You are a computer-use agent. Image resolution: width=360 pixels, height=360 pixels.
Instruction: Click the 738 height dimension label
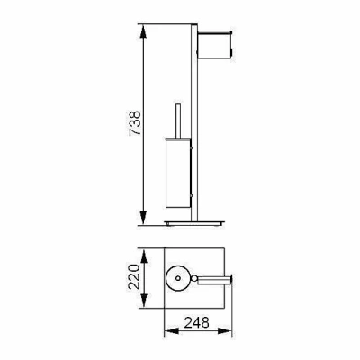(x=135, y=123)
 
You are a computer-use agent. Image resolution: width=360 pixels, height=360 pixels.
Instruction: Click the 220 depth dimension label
(x=134, y=276)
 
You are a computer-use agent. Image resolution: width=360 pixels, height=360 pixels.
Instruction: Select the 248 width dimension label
(x=196, y=323)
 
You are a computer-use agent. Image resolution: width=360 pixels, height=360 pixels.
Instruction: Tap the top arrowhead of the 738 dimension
(x=143, y=31)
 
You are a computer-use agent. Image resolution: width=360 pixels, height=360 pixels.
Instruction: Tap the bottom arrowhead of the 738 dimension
(x=143, y=218)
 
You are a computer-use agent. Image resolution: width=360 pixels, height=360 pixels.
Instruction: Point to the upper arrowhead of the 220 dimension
(x=144, y=257)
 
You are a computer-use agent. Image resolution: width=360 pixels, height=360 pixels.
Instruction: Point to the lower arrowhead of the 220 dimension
(x=144, y=301)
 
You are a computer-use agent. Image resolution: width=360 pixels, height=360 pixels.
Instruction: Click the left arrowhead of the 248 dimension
(x=172, y=331)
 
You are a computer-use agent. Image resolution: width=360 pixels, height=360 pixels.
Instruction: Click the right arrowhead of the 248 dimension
(x=225, y=331)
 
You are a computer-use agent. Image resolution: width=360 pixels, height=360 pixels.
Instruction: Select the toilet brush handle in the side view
(x=177, y=121)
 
